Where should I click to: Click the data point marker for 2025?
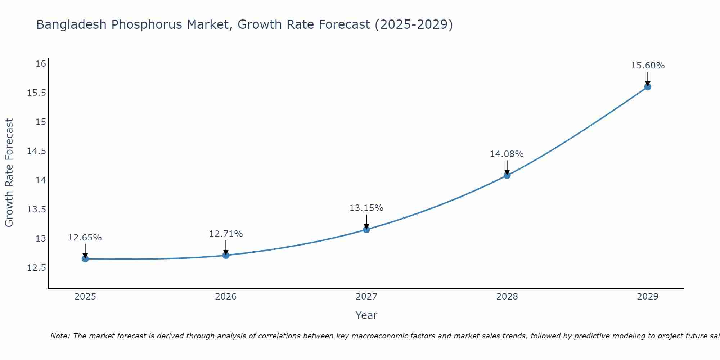pyautogui.click(x=85, y=259)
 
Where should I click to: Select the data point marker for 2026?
pyautogui.click(x=226, y=255)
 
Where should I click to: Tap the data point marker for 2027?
pyautogui.click(x=366, y=229)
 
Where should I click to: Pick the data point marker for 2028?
pyautogui.click(x=507, y=175)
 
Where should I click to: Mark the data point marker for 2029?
pyautogui.click(x=648, y=86)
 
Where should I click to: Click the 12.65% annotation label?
pyautogui.click(x=85, y=238)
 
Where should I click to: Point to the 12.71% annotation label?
pyautogui.click(x=226, y=234)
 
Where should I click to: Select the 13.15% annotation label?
pyautogui.click(x=366, y=208)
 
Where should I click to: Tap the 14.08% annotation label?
pyautogui.click(x=507, y=154)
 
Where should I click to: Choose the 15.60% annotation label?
pyautogui.click(x=648, y=66)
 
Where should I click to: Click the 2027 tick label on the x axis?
pyautogui.click(x=366, y=297)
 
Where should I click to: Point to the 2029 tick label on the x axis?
pyautogui.click(x=648, y=297)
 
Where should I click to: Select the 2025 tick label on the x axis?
pyautogui.click(x=85, y=297)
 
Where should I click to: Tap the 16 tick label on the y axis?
pyautogui.click(x=41, y=64)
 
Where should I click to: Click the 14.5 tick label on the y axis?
pyautogui.click(x=37, y=151)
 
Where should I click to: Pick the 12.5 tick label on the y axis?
pyautogui.click(x=37, y=268)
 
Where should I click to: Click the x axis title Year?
pyautogui.click(x=366, y=315)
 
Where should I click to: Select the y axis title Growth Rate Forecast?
pyautogui.click(x=9, y=173)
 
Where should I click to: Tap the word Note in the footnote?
pyautogui.click(x=60, y=336)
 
